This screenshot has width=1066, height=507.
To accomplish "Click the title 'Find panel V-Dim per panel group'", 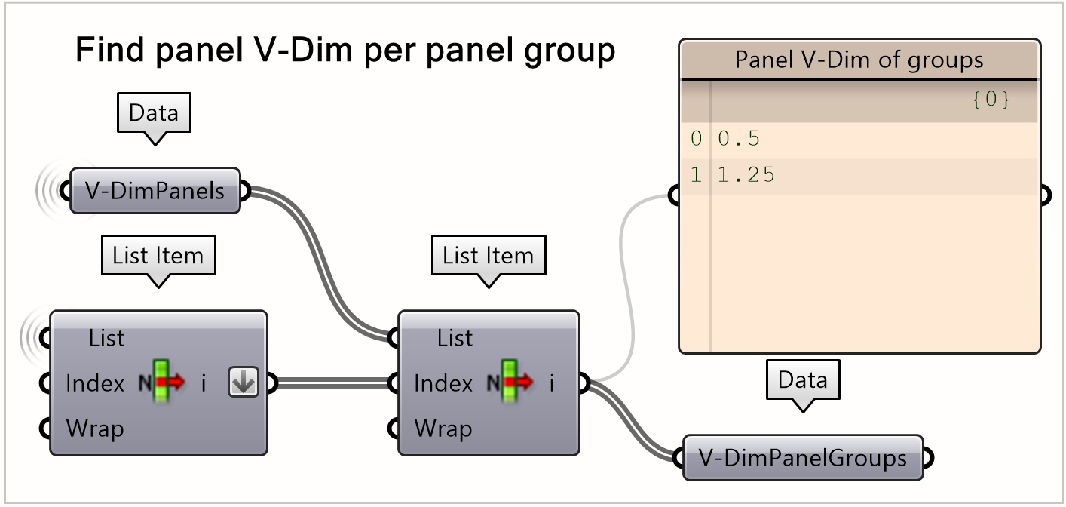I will click(x=345, y=51).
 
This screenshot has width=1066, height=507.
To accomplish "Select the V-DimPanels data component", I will click(x=155, y=191).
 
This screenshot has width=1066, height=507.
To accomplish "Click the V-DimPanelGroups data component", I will click(x=802, y=457).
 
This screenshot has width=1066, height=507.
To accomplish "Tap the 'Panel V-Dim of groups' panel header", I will click(x=859, y=60).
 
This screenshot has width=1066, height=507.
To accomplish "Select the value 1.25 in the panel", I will click(x=746, y=176).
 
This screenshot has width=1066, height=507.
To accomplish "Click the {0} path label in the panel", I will click(x=991, y=100).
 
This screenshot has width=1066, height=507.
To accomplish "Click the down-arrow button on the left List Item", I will click(x=244, y=384).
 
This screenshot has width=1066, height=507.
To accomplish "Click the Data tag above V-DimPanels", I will click(x=154, y=113).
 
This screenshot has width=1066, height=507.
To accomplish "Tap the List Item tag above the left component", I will click(x=158, y=255).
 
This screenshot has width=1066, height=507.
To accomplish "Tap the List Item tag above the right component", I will click(x=488, y=255).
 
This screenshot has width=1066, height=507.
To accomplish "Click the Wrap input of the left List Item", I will click(x=95, y=429).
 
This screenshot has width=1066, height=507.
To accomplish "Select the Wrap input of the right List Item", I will click(x=443, y=429).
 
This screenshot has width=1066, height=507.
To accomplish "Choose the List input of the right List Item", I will click(x=455, y=339).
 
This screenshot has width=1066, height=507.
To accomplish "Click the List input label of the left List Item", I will click(x=106, y=339).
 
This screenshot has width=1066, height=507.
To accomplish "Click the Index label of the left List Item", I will click(x=95, y=384).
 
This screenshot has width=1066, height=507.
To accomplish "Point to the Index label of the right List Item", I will click(x=443, y=384).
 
